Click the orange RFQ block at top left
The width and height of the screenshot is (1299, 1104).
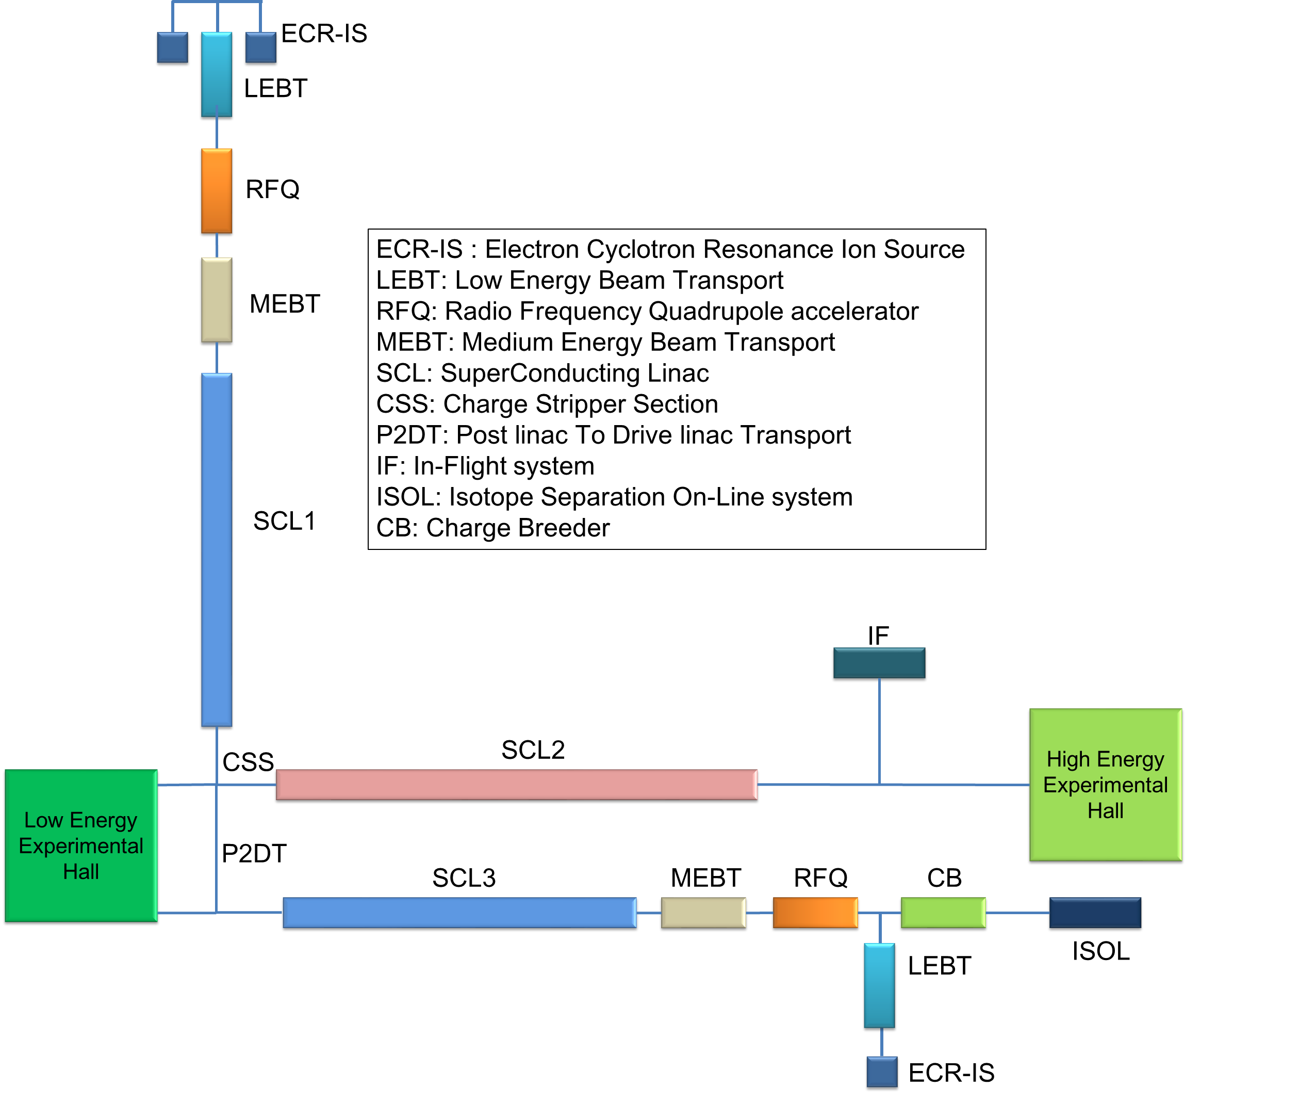(x=217, y=191)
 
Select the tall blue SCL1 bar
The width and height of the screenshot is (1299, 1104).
(x=217, y=551)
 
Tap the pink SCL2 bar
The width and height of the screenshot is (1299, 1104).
(x=516, y=786)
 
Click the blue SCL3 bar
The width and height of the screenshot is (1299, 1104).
(x=460, y=913)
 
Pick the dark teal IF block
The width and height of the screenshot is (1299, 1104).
(x=879, y=664)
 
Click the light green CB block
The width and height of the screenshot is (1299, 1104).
(x=943, y=913)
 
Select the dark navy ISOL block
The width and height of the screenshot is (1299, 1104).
(x=1095, y=913)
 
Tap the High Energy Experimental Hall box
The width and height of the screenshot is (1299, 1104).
(x=1105, y=786)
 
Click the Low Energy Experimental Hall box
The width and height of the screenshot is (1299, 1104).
(x=81, y=846)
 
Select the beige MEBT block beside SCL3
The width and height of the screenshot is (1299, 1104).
(x=703, y=913)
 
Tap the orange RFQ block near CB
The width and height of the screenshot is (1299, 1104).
(x=815, y=913)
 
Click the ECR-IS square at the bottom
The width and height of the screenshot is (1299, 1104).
(x=882, y=1073)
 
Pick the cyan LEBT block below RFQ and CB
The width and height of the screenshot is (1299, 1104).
(x=879, y=987)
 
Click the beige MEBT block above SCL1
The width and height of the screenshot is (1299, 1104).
(x=217, y=301)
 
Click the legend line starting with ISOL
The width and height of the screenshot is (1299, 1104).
(x=614, y=497)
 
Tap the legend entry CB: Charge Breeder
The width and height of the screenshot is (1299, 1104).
(x=492, y=528)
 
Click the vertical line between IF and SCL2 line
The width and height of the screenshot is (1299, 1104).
(x=879, y=732)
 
